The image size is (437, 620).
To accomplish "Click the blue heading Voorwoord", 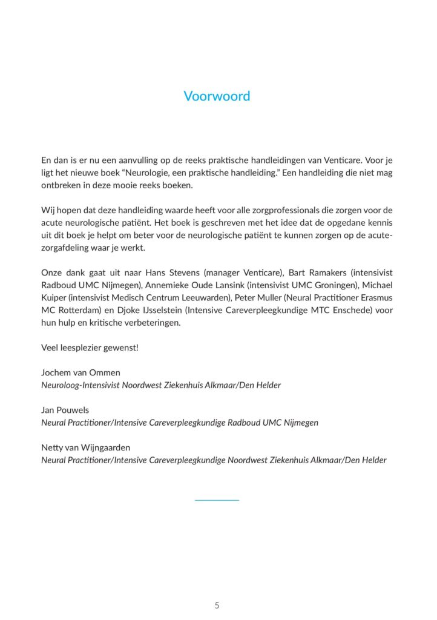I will coord(217,96).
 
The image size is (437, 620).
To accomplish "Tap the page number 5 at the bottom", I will coord(217,605).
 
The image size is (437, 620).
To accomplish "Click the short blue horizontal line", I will coord(217,500).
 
